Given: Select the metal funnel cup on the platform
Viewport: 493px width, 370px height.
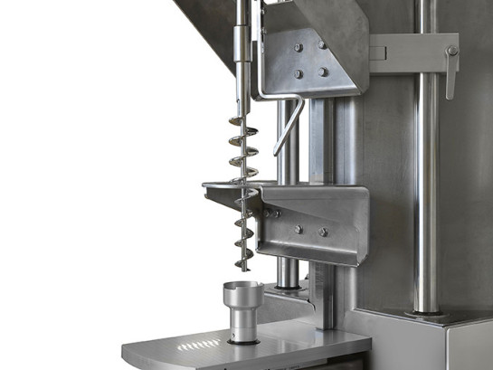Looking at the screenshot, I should pyautogui.click(x=242, y=299).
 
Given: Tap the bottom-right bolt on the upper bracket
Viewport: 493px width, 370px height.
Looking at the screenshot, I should pyautogui.click(x=323, y=72).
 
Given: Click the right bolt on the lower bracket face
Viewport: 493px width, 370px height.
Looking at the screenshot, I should pyautogui.click(x=323, y=232).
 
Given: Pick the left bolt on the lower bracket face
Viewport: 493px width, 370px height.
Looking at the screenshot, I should pyautogui.click(x=298, y=229).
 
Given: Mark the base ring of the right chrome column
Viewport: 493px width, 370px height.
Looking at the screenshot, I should pyautogui.click(x=426, y=312).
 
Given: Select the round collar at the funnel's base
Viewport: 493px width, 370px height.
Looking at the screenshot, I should pyautogui.click(x=242, y=339).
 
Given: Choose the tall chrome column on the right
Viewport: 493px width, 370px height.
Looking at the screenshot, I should pyautogui.click(x=426, y=181).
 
